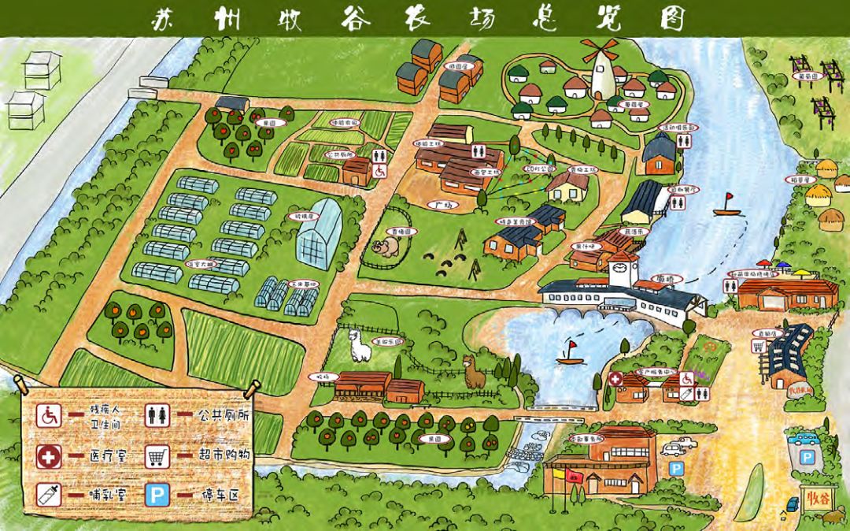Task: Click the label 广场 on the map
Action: [444, 205]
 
